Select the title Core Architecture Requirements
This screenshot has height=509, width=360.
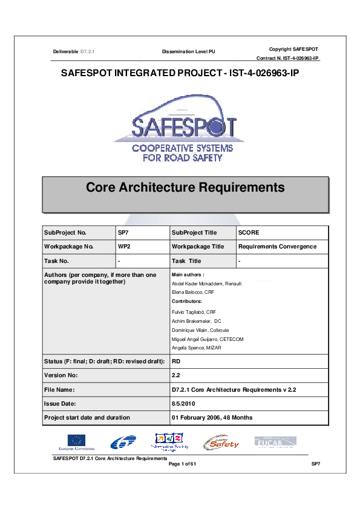(185, 187)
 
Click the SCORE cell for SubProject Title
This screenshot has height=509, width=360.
(249, 232)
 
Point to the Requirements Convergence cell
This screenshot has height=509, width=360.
(277, 247)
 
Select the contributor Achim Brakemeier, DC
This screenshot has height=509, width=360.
(197, 320)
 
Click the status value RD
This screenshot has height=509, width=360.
(177, 361)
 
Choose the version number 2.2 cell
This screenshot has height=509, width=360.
(176, 375)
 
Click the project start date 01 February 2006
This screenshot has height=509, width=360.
(212, 418)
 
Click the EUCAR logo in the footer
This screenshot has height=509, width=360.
(275, 442)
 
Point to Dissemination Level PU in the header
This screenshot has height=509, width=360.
(188, 53)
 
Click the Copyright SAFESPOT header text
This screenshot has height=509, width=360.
(293, 48)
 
